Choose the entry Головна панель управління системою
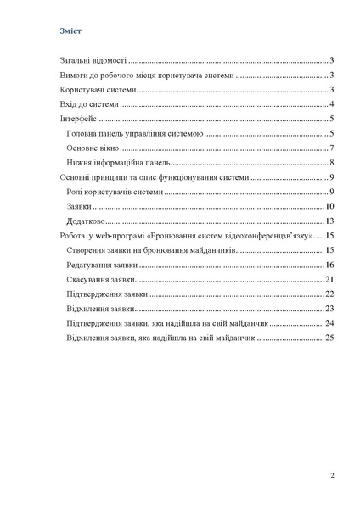click(x=133, y=134)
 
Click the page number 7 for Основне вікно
click(x=331, y=148)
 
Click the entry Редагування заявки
click(x=99, y=266)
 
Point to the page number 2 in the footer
click(x=331, y=475)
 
